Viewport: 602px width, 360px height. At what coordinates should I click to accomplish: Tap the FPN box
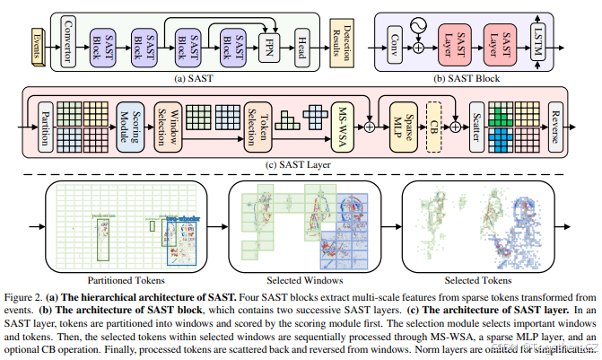pos(267,42)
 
